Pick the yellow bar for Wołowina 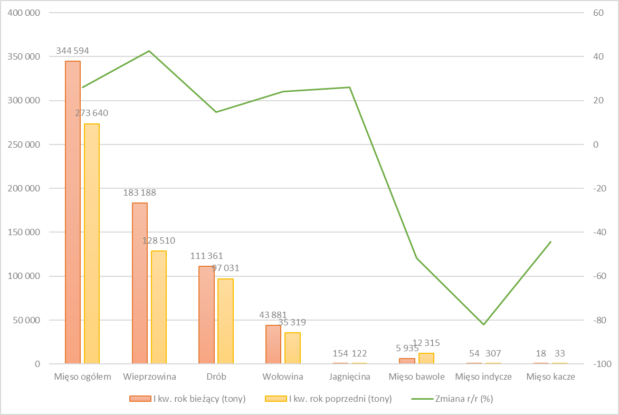click(x=292, y=348)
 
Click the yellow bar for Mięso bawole click(x=426, y=358)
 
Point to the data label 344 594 click(x=73, y=51)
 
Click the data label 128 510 click(x=159, y=240)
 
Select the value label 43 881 click(x=273, y=315)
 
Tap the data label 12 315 click(x=426, y=343)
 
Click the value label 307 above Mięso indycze click(x=493, y=353)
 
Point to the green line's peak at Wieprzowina click(x=149, y=51)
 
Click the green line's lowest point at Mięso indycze click(x=483, y=324)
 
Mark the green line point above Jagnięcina click(x=349, y=87)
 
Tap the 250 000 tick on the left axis click(x=25, y=144)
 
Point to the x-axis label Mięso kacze click(x=550, y=377)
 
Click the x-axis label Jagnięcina click(x=349, y=377)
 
